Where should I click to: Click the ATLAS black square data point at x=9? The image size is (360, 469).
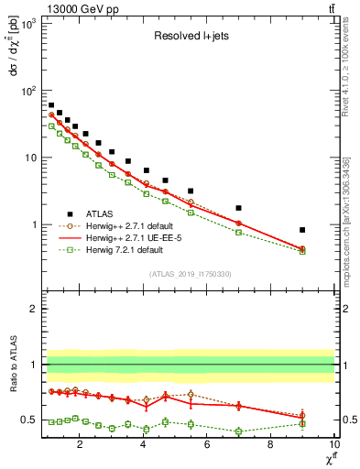point(302,230)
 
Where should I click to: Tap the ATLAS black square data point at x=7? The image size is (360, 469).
point(238,208)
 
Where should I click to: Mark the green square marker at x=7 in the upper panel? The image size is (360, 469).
point(238,233)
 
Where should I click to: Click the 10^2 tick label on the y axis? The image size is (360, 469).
point(27,91)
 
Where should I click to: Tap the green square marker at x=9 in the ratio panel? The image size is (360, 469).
point(302,423)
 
